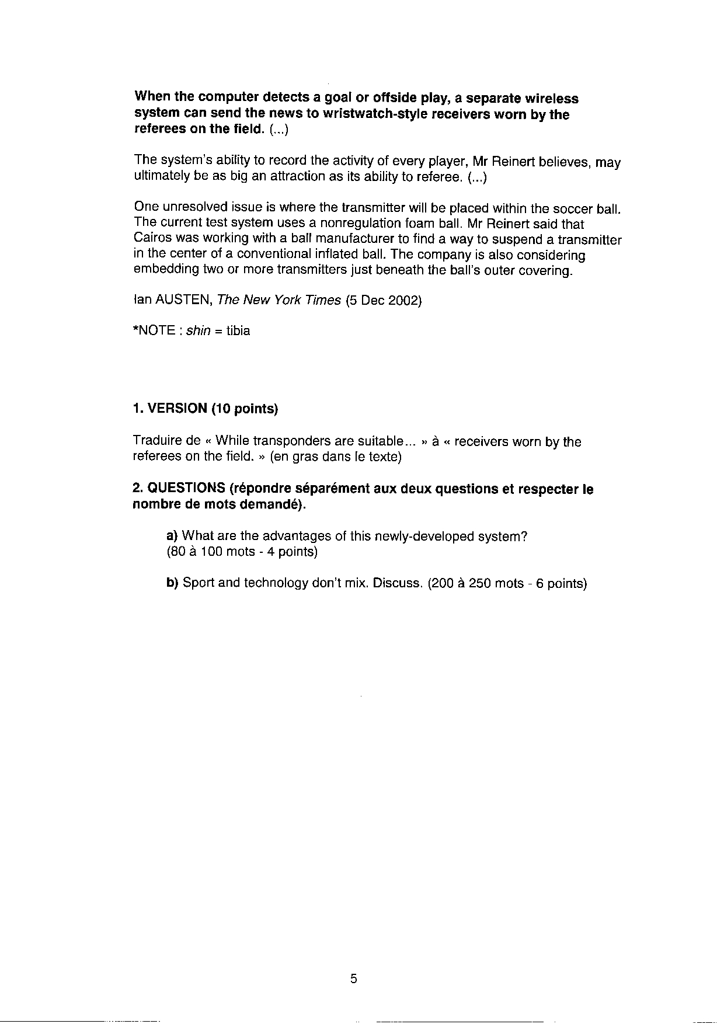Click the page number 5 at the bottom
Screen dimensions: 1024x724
[x=354, y=979]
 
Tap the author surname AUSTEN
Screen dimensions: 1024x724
[x=184, y=301]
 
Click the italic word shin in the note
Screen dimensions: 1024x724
[x=198, y=331]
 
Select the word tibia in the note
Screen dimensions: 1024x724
[x=238, y=331]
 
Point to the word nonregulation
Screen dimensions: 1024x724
[x=356, y=224]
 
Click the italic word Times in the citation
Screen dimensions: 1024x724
[x=324, y=301]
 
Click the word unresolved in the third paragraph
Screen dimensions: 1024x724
[x=193, y=208]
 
